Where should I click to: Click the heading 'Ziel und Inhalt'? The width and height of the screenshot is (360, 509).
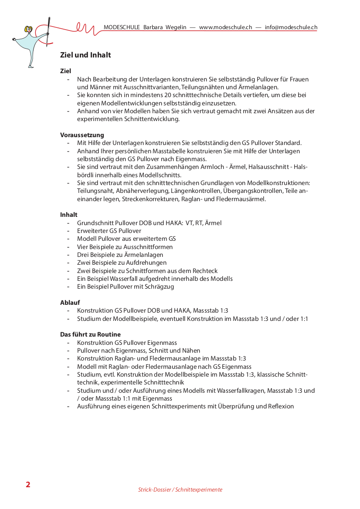click(85, 55)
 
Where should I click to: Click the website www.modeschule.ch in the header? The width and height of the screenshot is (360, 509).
click(225, 27)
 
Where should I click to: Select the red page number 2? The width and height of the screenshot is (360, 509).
click(28, 485)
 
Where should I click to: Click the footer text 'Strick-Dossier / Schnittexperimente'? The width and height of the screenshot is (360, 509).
click(180, 490)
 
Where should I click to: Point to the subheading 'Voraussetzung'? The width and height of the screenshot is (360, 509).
click(82, 135)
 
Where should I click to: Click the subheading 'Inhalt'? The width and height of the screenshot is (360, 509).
click(69, 215)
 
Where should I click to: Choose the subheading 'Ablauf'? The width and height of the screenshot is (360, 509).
click(70, 302)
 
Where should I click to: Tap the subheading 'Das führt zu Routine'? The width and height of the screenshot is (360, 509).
click(90, 334)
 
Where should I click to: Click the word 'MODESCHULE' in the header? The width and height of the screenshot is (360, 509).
click(122, 27)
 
